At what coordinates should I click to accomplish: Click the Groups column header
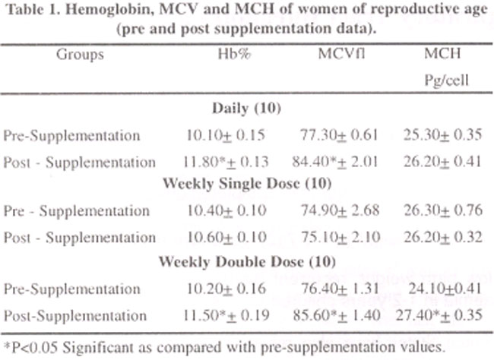click(80, 55)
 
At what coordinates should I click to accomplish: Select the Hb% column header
click(234, 54)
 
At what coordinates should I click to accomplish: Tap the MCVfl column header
click(341, 53)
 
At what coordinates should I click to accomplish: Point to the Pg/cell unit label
click(446, 81)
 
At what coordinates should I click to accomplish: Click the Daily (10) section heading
click(246, 109)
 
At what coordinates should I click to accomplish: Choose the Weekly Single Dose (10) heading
click(247, 183)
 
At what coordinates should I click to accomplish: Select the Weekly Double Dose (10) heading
click(247, 261)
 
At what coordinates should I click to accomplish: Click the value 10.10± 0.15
click(226, 135)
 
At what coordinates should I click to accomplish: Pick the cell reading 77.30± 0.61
click(339, 135)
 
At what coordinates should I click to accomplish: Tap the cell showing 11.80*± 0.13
click(226, 162)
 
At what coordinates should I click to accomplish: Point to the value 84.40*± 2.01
click(334, 162)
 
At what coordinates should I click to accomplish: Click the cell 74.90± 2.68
click(340, 210)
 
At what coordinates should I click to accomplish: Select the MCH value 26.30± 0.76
click(443, 210)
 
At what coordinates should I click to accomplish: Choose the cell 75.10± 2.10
click(340, 237)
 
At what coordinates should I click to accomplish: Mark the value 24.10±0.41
click(445, 289)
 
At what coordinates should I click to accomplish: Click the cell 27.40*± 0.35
click(439, 315)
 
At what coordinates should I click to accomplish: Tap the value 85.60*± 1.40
click(337, 315)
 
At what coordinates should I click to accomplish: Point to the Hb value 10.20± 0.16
click(226, 289)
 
